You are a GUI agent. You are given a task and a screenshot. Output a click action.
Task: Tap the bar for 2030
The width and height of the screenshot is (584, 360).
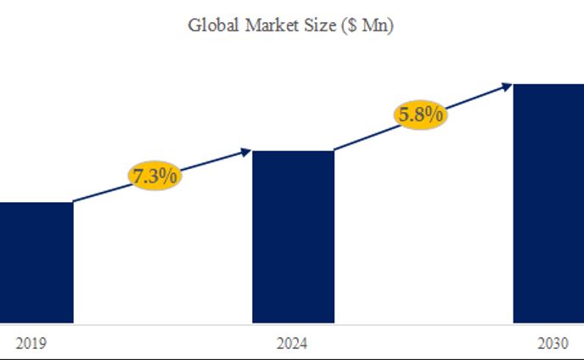click(x=549, y=204)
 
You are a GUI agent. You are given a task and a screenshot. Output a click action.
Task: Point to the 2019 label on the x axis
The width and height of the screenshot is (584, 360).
click(x=31, y=344)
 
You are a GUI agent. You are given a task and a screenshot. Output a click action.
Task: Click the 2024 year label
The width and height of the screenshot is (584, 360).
click(x=293, y=344)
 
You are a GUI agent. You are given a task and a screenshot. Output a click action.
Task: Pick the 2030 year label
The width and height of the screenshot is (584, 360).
click(x=553, y=344)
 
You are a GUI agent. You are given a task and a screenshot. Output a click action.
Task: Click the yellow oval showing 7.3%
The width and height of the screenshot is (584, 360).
click(x=155, y=176)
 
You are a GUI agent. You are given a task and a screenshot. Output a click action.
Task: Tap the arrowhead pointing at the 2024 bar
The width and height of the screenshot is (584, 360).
click(x=247, y=152)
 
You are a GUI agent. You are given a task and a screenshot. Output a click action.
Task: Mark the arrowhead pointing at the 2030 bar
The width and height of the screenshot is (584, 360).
click(x=507, y=85)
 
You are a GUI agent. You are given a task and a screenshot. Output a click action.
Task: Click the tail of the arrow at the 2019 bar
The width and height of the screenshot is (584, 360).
click(x=74, y=202)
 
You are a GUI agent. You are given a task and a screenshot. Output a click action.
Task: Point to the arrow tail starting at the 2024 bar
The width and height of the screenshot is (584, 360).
click(x=335, y=150)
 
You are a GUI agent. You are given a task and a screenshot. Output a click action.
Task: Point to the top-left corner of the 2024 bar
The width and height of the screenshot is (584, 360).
click(x=254, y=151)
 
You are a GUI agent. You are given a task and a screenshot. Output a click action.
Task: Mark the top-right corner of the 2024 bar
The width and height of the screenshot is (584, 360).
click(x=334, y=151)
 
